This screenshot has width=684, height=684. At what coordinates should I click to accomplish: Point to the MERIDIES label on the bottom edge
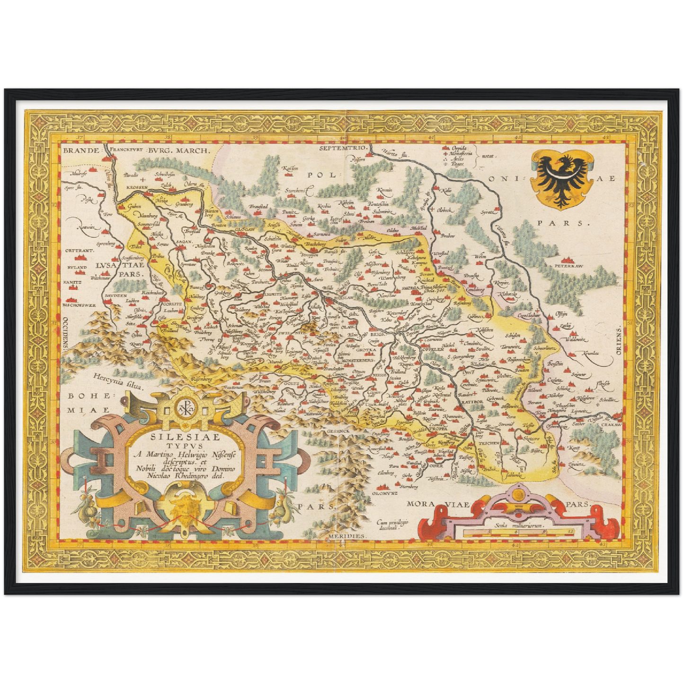click(347, 536)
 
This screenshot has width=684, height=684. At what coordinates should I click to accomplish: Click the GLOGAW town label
click(245, 230)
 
